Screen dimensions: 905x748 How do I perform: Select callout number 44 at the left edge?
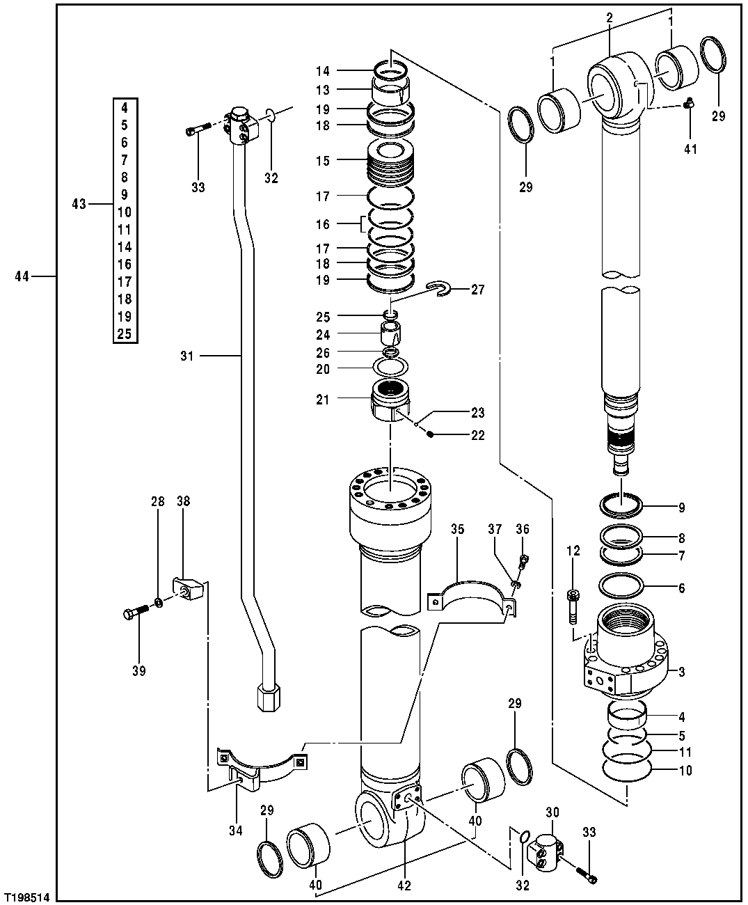pyautogui.click(x=22, y=277)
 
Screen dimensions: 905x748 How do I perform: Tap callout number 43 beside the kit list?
pyautogui.click(x=79, y=204)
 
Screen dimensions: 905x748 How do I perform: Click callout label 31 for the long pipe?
pyautogui.click(x=186, y=356)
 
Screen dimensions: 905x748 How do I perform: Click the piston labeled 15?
pyautogui.click(x=390, y=162)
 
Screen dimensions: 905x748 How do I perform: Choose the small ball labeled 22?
pyautogui.click(x=431, y=435)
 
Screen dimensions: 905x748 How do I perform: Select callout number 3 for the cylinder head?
pyautogui.click(x=681, y=672)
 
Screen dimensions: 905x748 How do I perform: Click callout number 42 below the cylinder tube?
pyautogui.click(x=404, y=886)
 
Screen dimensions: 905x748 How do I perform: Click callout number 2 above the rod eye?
pyautogui.click(x=609, y=18)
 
